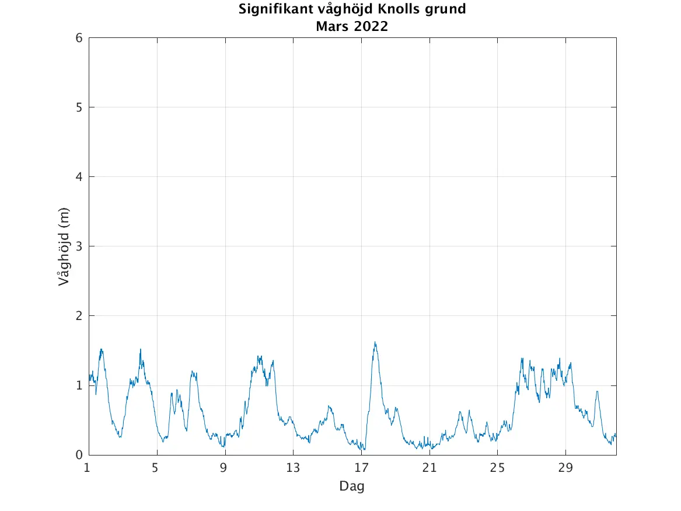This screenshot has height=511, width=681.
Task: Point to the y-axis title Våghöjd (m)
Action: (x=64, y=246)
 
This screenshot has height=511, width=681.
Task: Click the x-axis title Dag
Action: (x=352, y=486)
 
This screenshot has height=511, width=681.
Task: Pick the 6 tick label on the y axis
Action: (x=78, y=38)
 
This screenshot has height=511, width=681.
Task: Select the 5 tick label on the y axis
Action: (x=78, y=107)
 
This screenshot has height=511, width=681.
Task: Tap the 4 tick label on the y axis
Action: (x=78, y=177)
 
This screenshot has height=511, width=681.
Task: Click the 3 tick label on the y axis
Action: (x=78, y=246)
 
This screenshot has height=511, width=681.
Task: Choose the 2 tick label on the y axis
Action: (x=78, y=316)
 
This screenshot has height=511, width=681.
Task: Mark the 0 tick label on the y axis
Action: (x=78, y=455)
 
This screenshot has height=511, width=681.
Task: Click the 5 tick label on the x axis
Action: (x=155, y=468)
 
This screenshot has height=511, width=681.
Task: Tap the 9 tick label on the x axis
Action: (x=223, y=468)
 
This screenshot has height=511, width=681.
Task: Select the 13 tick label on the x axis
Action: (x=292, y=468)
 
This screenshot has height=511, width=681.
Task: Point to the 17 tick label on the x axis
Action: (x=361, y=468)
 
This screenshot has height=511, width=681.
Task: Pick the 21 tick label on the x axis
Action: (x=429, y=468)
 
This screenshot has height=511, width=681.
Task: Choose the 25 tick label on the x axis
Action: (x=498, y=468)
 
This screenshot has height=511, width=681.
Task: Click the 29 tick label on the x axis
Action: (x=566, y=468)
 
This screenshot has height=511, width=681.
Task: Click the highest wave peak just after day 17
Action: (x=375, y=343)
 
